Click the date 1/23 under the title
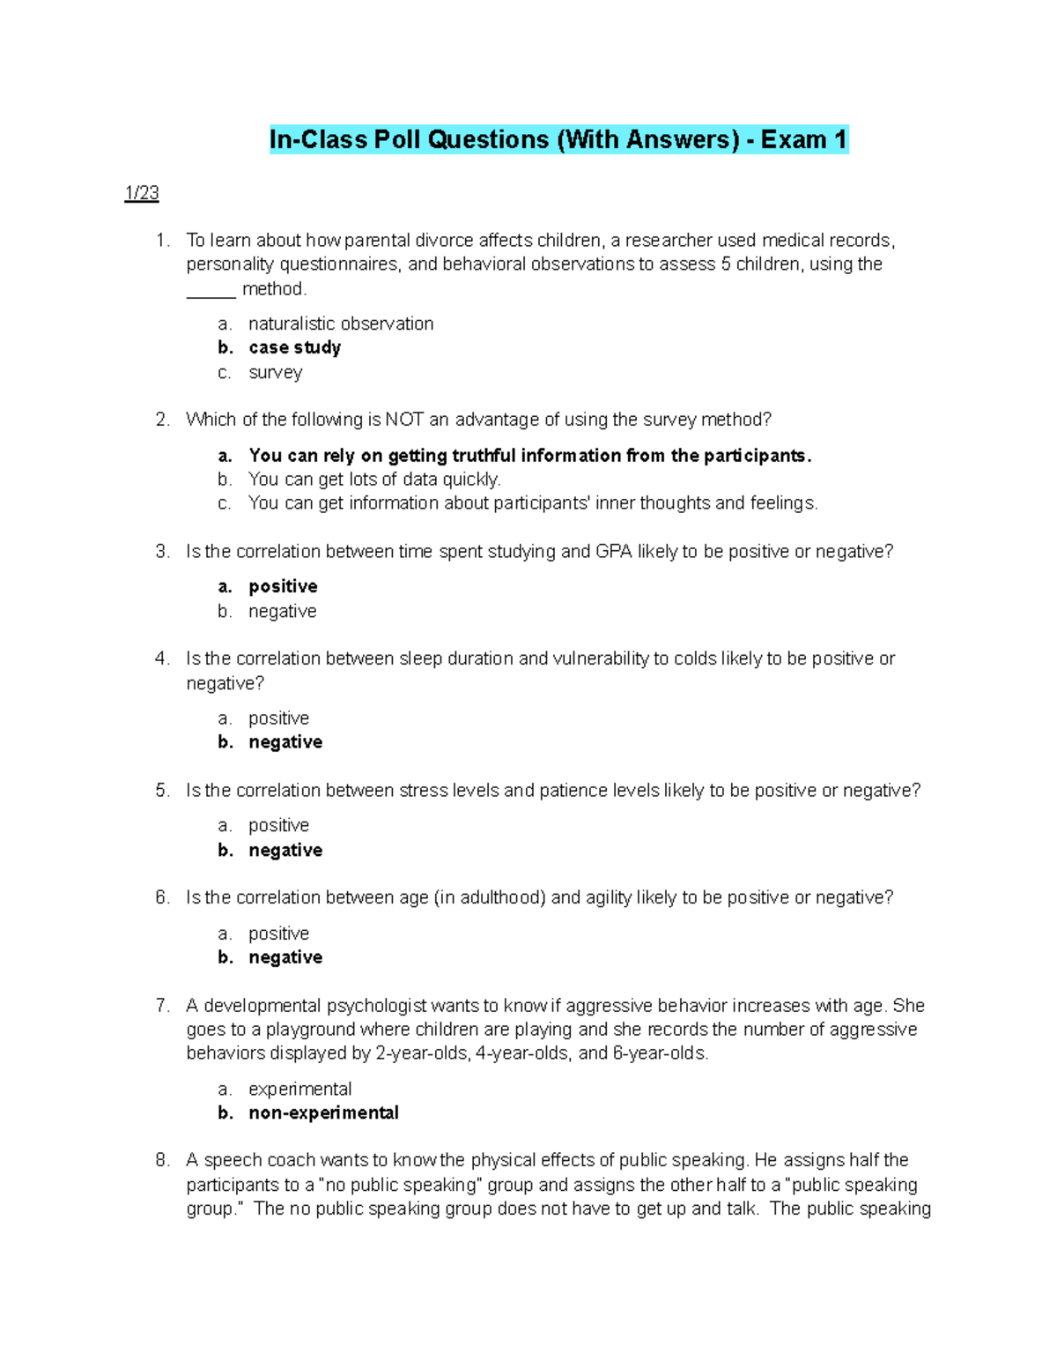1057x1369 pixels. (x=142, y=193)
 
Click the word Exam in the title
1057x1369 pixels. (x=793, y=140)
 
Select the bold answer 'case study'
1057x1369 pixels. (x=294, y=348)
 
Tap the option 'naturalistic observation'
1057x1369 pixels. (x=341, y=324)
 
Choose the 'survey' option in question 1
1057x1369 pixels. (x=275, y=372)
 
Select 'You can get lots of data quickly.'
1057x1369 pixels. (x=374, y=480)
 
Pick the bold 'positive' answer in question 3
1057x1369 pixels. (x=283, y=587)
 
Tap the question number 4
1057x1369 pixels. (x=161, y=658)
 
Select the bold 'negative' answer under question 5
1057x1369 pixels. (x=285, y=851)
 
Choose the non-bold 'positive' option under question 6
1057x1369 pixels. (x=278, y=934)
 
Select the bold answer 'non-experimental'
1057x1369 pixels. (x=323, y=1113)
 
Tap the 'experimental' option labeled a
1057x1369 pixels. (x=299, y=1090)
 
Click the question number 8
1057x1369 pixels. (x=161, y=1160)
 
